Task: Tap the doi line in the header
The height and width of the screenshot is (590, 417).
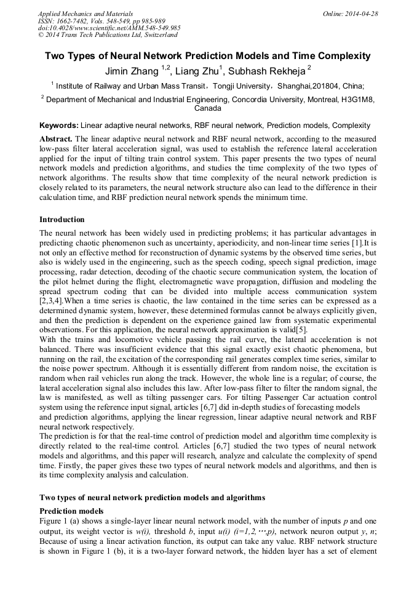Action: pyautogui.click(x=109, y=28)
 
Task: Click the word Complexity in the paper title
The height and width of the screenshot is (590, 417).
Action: pyautogui.click(x=341, y=56)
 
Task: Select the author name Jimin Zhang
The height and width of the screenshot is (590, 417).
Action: pyautogui.click(x=132, y=70)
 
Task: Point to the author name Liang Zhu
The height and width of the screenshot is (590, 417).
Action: pyautogui.click(x=200, y=70)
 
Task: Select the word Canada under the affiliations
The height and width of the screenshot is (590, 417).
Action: pyautogui.click(x=208, y=108)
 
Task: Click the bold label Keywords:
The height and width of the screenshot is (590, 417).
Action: pyautogui.click(x=58, y=125)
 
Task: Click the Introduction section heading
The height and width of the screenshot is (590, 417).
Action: pyautogui.click(x=62, y=220)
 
